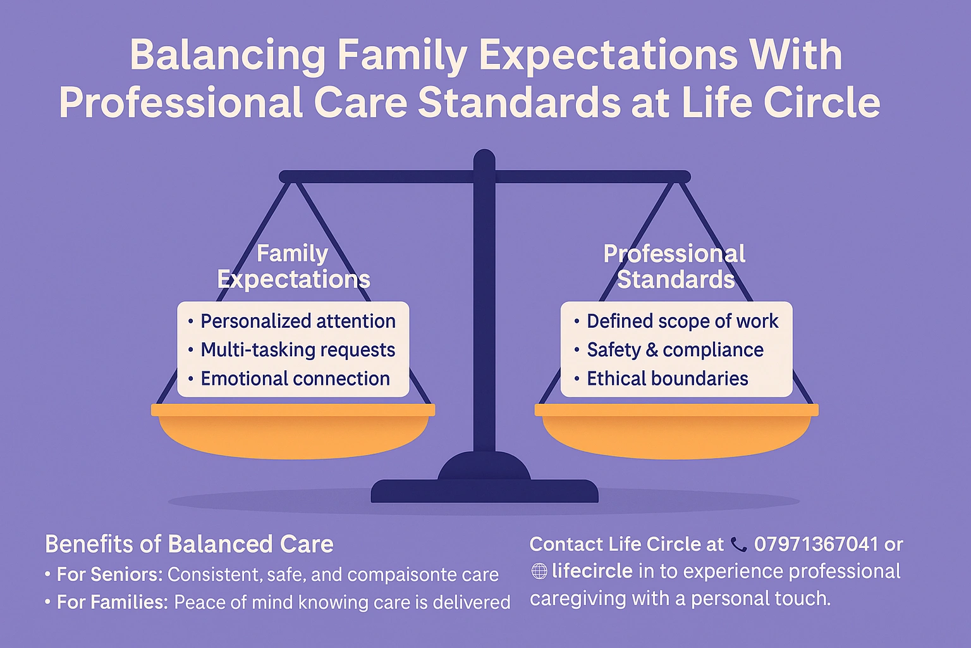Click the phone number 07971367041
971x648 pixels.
pos(816,544)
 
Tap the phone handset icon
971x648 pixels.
pos(738,544)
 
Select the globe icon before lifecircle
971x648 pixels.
pos(539,571)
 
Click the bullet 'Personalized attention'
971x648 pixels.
pos(298,321)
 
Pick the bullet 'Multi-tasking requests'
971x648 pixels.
pos(298,350)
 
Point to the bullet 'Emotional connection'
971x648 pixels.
pos(295,378)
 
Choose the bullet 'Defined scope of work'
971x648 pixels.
pos(682,321)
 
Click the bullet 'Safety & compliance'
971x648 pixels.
pos(675,350)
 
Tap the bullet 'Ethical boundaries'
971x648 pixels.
pos(668,378)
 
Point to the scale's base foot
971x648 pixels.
pos(484,491)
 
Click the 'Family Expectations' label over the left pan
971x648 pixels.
pos(293,266)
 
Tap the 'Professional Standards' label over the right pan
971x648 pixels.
pos(675,266)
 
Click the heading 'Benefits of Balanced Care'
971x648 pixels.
pos(189,544)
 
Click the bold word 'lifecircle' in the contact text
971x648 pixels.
pos(592,571)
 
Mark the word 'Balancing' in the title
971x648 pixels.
pos(228,55)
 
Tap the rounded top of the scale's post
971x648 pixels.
pos(484,158)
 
